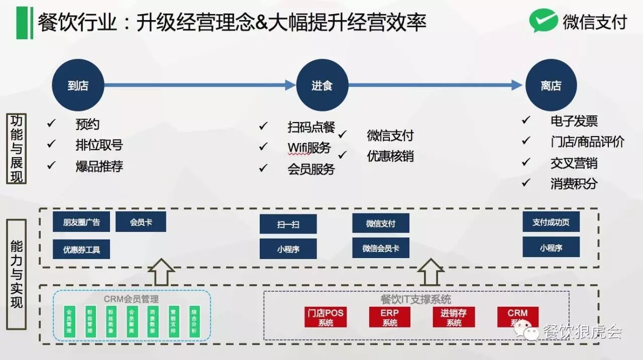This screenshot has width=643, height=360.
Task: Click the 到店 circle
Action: [x=78, y=85]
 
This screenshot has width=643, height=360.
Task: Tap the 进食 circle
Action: [x=322, y=85]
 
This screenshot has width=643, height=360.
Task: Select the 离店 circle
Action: [x=551, y=85]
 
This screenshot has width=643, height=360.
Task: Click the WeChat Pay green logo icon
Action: [x=543, y=22]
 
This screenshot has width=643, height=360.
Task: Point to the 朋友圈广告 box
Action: [x=81, y=222]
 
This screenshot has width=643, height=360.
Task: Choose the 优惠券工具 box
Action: [x=81, y=249]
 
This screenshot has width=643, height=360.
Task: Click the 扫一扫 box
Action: [x=288, y=224]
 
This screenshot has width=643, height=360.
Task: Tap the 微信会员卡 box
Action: [x=381, y=248]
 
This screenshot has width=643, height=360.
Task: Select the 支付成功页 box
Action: [x=551, y=222]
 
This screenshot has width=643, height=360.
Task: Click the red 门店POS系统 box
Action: [x=326, y=317]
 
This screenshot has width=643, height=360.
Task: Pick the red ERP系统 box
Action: [x=390, y=317]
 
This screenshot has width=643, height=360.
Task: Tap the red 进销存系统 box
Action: [x=454, y=317]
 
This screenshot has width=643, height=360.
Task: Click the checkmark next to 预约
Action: [x=51, y=123]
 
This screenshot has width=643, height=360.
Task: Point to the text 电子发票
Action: [x=574, y=121]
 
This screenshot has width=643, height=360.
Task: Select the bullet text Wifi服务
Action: [x=309, y=148]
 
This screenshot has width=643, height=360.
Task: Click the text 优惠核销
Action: [x=390, y=156]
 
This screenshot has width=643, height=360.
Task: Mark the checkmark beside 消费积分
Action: [x=525, y=183]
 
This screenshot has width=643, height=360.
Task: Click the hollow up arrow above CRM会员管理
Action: [x=161, y=272]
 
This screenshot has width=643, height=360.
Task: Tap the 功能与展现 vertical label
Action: [x=17, y=149]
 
